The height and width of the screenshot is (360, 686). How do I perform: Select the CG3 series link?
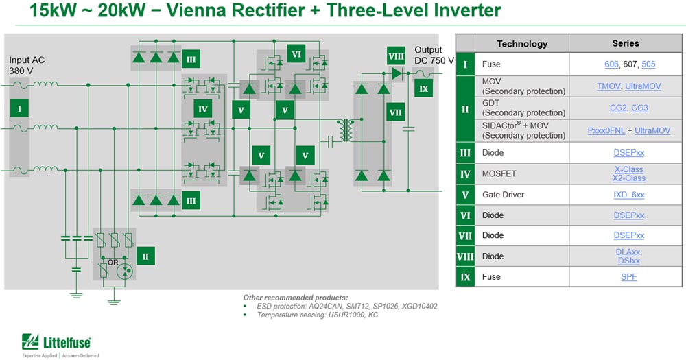[x=639, y=108]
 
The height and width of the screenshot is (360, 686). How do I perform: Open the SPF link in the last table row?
[x=629, y=276]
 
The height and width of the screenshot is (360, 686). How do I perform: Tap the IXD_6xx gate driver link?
[x=629, y=195]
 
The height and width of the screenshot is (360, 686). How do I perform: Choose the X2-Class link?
[x=629, y=178]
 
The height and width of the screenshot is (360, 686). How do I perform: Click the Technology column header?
[x=522, y=44]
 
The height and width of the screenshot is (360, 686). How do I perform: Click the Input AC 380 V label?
[x=27, y=65]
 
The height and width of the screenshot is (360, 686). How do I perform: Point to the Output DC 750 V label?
[x=434, y=56]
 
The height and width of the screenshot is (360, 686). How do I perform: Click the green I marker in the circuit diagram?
[x=19, y=108]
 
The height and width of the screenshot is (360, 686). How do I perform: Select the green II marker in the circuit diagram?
[x=145, y=256]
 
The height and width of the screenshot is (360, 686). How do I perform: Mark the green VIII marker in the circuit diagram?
[x=396, y=57]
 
